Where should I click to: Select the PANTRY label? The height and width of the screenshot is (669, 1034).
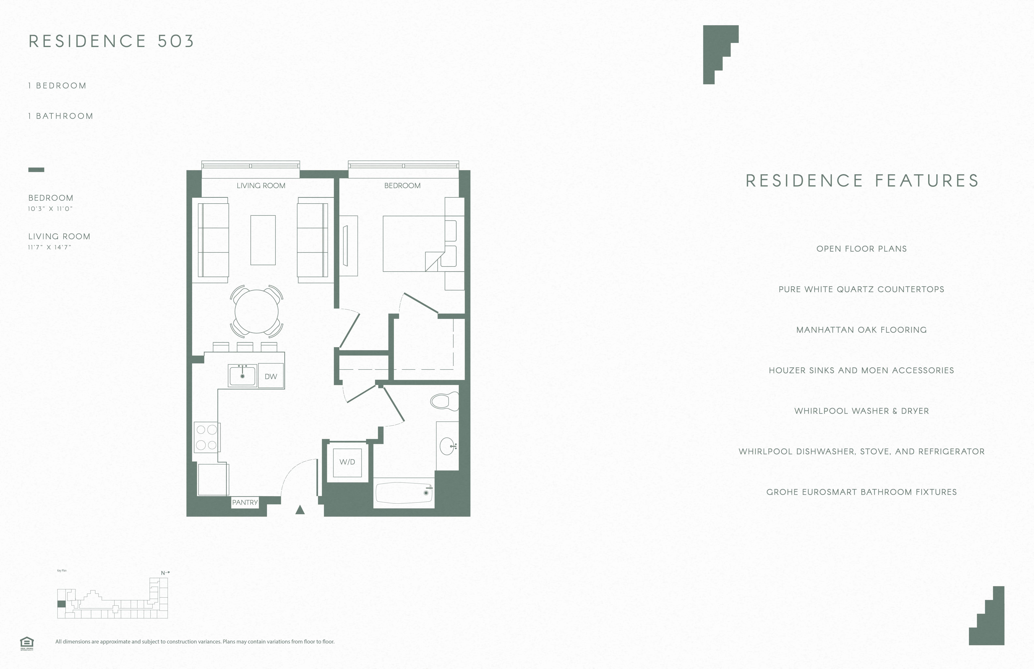pyautogui.click(x=245, y=502)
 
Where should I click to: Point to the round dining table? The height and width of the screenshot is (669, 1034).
pyautogui.click(x=257, y=311)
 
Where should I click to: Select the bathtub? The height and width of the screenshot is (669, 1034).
pyautogui.click(x=404, y=493)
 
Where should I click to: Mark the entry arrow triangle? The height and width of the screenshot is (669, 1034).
pyautogui.click(x=300, y=510)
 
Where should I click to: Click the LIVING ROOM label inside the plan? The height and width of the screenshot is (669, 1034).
pyautogui.click(x=261, y=185)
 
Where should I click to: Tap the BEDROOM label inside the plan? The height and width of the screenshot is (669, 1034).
pyautogui.click(x=402, y=185)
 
